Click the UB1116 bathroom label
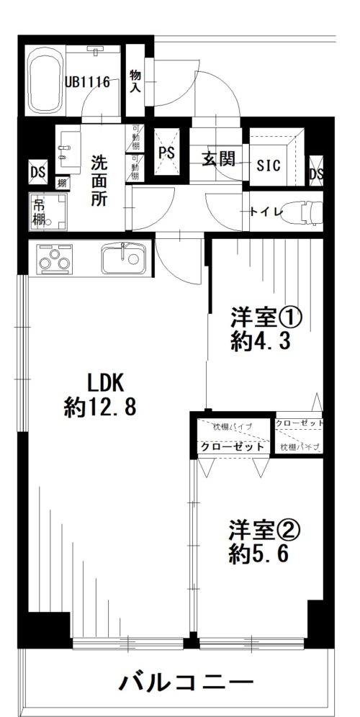point(88,82)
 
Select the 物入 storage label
point(135,81)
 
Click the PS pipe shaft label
point(167,153)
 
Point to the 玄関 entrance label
point(218,159)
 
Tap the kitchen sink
point(124,258)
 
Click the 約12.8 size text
point(99,408)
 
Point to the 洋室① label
point(264,317)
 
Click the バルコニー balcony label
point(186,681)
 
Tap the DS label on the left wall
point(36,172)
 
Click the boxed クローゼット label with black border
point(232,447)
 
